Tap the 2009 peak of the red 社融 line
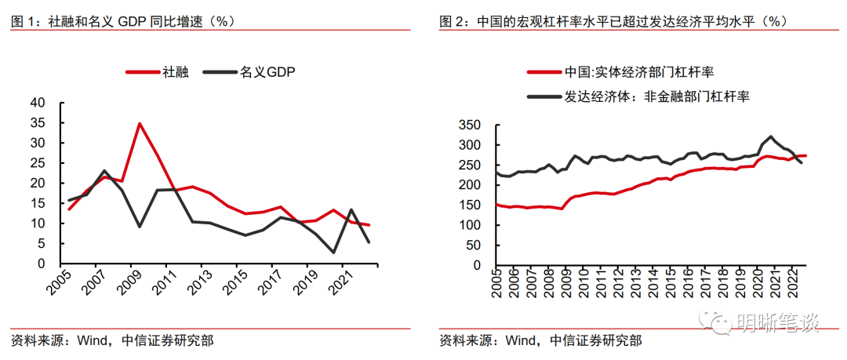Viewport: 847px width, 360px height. pyautogui.click(x=139, y=123)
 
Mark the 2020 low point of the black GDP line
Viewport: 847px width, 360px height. pyautogui.click(x=333, y=252)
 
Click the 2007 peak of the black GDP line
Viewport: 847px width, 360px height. pyautogui.click(x=104, y=170)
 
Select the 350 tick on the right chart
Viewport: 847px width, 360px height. pyautogui.click(x=469, y=125)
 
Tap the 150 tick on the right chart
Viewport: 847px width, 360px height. pyautogui.click(x=469, y=205)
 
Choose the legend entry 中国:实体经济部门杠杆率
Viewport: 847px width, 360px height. pyautogui.click(x=638, y=73)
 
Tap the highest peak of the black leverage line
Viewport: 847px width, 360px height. pyautogui.click(x=772, y=136)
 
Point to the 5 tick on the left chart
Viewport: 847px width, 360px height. pyautogui.click(x=43, y=243)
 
